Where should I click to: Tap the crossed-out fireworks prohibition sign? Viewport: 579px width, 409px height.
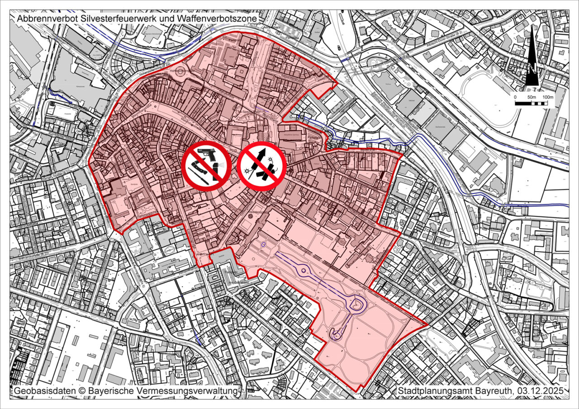[x=261, y=165]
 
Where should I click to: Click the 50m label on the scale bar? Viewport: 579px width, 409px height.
[x=531, y=97]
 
